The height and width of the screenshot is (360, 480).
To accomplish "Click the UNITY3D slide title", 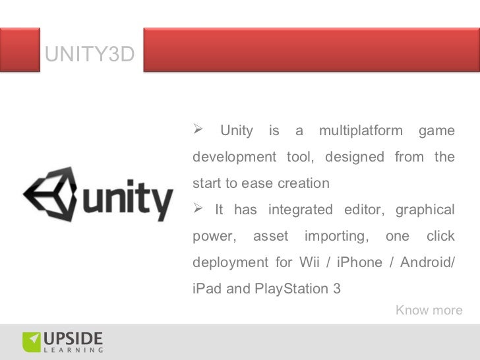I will pos(90,55).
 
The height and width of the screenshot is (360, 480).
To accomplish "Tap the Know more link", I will pos(429,310).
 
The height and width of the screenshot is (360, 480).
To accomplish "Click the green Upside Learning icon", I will pos(31,342).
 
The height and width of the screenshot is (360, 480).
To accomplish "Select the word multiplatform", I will pos(360,131).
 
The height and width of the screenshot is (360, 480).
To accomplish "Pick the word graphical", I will pos(425,210).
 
